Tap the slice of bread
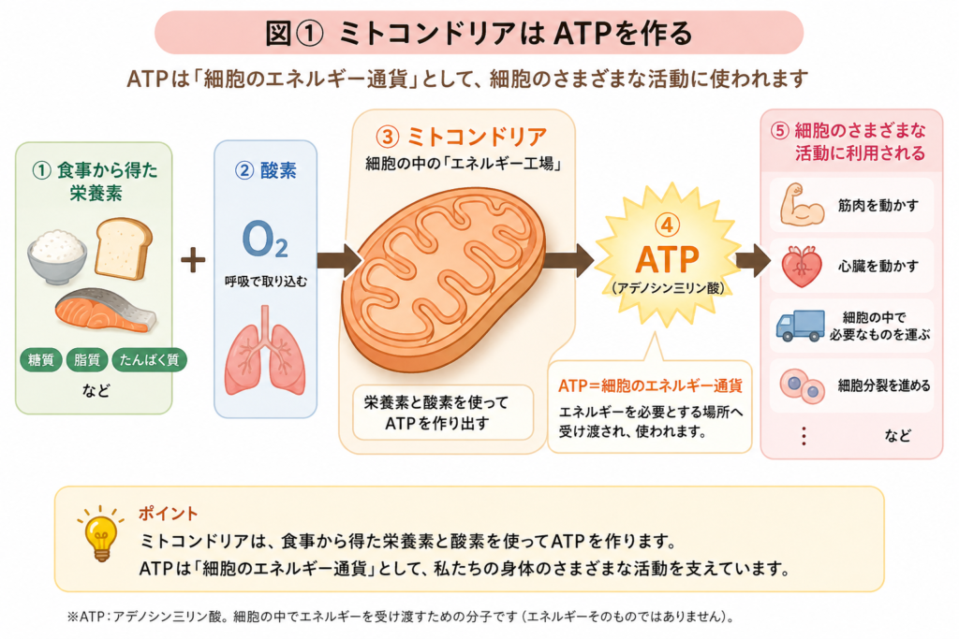tap(124, 248)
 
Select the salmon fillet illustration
tap(106, 312)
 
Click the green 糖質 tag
tap(41, 360)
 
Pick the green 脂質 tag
tap(87, 360)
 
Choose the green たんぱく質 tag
tap(149, 360)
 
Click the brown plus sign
tap(193, 260)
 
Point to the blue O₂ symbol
tap(265, 240)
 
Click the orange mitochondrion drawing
tap(443, 279)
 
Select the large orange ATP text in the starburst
tap(667, 259)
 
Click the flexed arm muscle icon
tap(802, 205)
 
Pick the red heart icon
tap(802, 267)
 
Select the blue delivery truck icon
tap(800, 325)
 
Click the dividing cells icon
tap(803, 386)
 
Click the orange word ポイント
tap(169, 514)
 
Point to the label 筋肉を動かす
tap(878, 205)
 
